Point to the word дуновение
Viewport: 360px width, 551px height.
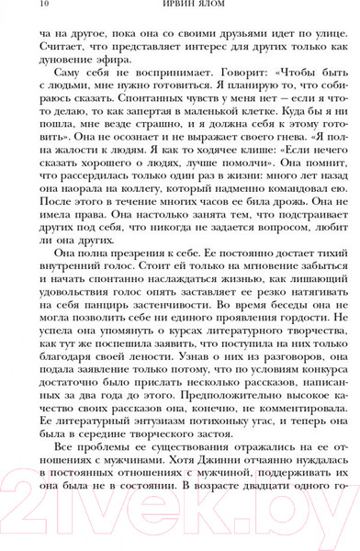coord(72,68)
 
